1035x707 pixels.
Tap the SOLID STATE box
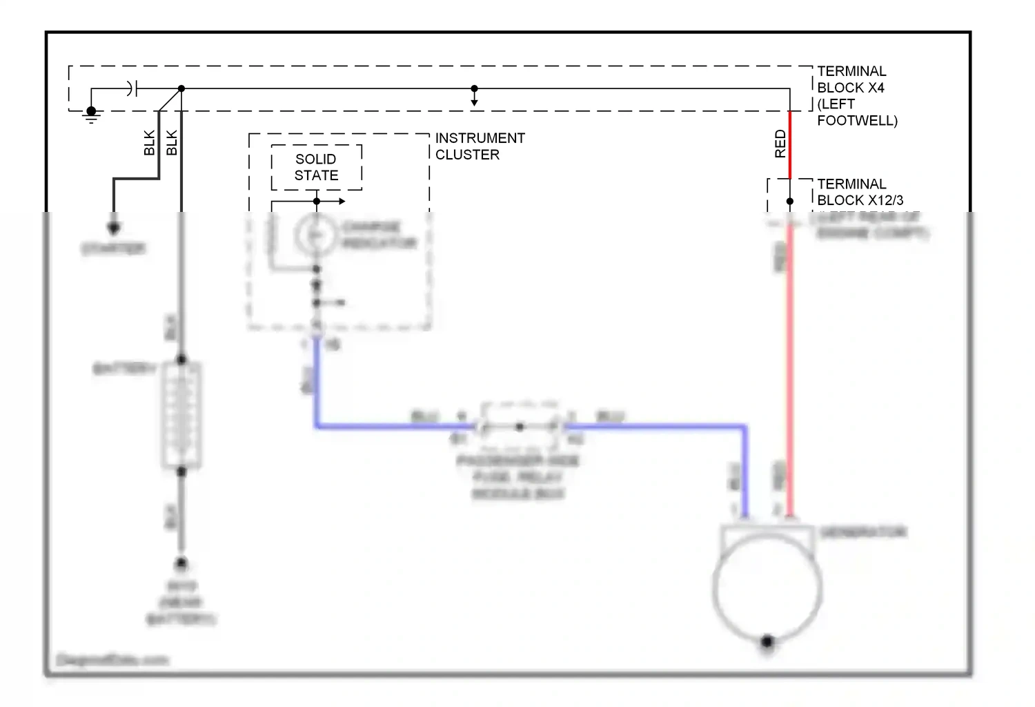pyautogui.click(x=316, y=167)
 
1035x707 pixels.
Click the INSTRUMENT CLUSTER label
pyautogui.click(x=480, y=146)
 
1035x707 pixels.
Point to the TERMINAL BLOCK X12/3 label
pyautogui.click(x=860, y=192)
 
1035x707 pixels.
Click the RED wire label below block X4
pyautogui.click(x=780, y=144)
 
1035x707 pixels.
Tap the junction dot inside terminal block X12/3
pyautogui.click(x=790, y=202)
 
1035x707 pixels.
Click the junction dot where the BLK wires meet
pyautogui.click(x=181, y=88)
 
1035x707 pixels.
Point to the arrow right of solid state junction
pyautogui.click(x=341, y=202)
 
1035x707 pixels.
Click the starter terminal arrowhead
pyautogui.click(x=114, y=228)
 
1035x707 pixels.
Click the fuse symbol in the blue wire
pyautogui.click(x=519, y=427)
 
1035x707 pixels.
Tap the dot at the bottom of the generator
pyautogui.click(x=767, y=641)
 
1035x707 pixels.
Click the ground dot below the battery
pyautogui.click(x=181, y=563)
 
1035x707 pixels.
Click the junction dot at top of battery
pyautogui.click(x=181, y=360)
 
